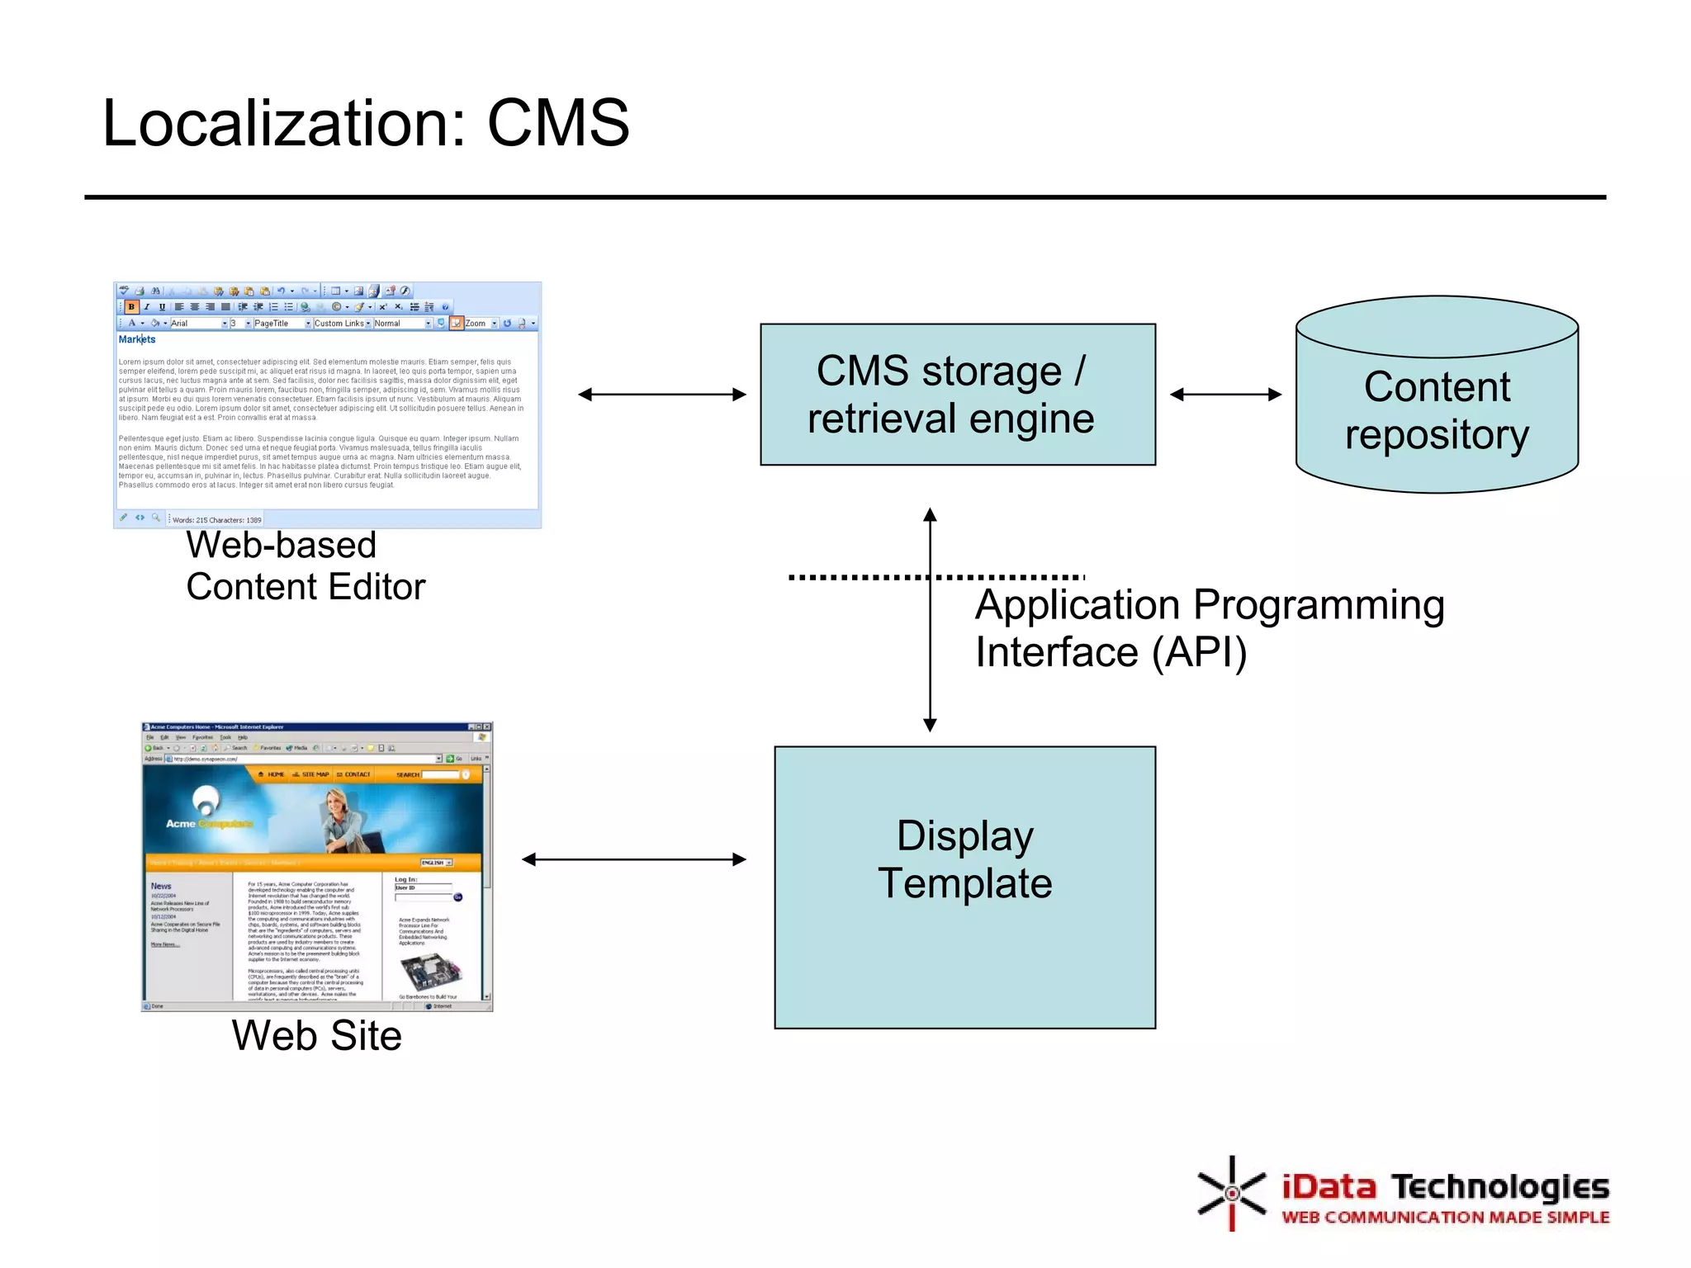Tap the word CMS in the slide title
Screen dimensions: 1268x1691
tap(558, 124)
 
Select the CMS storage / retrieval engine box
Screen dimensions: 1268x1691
tap(957, 395)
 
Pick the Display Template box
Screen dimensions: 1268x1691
tap(964, 887)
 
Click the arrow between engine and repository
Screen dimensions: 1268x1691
tap(1225, 395)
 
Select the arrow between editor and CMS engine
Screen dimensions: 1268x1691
tap(661, 395)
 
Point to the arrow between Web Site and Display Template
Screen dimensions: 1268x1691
tap(633, 859)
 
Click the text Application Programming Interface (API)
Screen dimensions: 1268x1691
tap(1209, 628)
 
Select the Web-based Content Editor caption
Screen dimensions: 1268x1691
tap(305, 566)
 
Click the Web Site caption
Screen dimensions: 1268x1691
tap(316, 1035)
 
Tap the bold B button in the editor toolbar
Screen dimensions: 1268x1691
tap(131, 306)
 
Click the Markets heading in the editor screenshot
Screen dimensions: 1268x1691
tap(137, 339)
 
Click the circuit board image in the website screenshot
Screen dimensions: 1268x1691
tap(430, 971)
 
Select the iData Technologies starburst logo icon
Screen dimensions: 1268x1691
tap(1231, 1193)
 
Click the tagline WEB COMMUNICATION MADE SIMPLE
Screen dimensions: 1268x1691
tap(1445, 1218)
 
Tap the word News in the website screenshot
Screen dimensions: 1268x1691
tap(161, 886)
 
